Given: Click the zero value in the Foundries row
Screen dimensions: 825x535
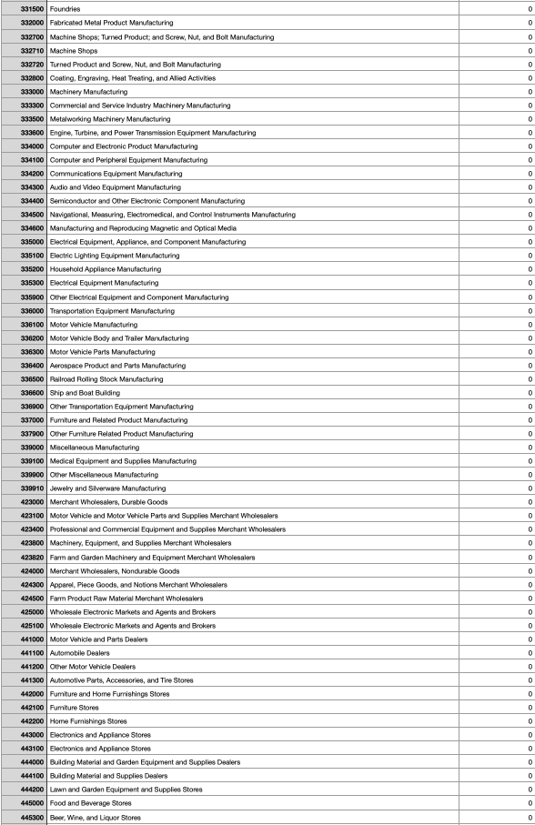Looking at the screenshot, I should pyautogui.click(x=530, y=8).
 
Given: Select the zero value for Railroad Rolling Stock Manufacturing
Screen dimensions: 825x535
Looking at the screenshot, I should pyautogui.click(x=530, y=378).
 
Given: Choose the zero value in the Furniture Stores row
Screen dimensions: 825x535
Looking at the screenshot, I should pyautogui.click(x=530, y=708).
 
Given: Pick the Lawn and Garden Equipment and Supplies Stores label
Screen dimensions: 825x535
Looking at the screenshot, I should pyautogui.click(x=126, y=790).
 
